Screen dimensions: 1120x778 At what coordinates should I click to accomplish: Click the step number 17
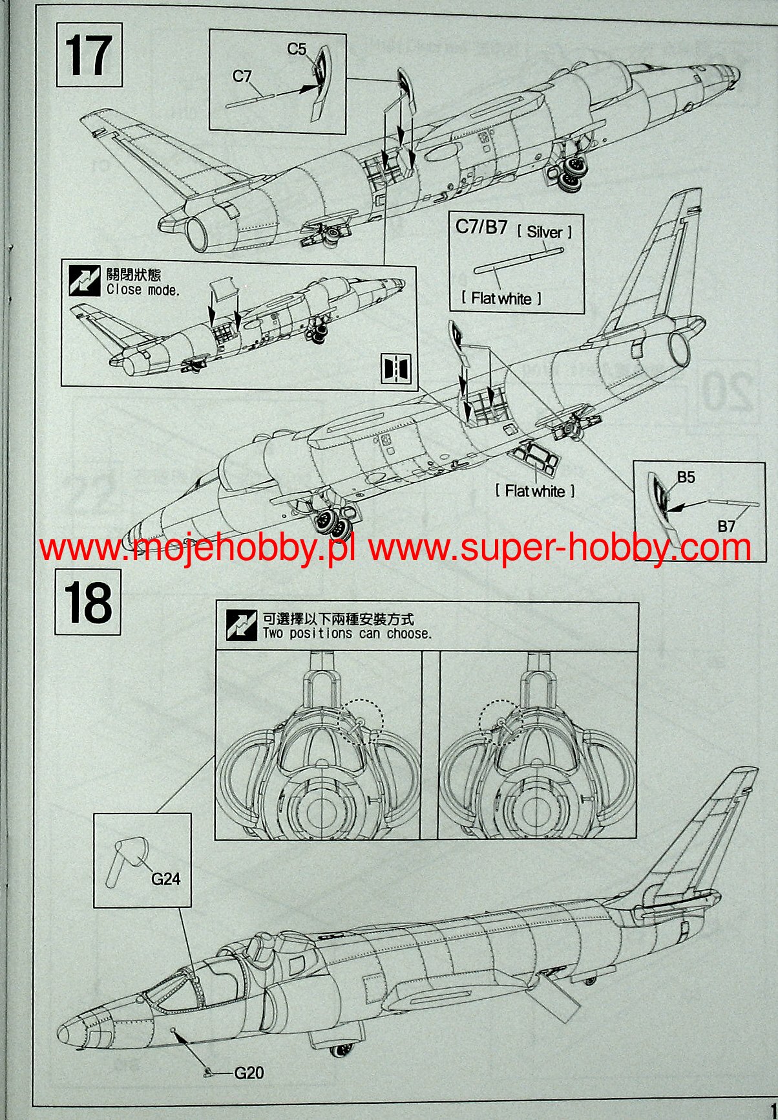89,55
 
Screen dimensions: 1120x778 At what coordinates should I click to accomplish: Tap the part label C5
297,48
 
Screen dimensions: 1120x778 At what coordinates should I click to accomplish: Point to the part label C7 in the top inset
242,76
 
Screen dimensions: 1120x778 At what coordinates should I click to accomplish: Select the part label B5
686,477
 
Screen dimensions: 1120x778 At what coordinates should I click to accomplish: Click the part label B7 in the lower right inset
726,526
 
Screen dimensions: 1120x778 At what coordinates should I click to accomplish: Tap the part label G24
165,878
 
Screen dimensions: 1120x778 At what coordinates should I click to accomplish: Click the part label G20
249,1073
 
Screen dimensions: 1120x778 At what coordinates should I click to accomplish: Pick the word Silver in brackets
544,232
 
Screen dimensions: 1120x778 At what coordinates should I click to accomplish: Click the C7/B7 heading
481,227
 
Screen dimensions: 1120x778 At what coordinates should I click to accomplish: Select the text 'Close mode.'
143,290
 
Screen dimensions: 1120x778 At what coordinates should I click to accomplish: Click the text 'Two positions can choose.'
346,633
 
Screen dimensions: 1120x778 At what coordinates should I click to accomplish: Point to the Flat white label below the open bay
535,491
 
